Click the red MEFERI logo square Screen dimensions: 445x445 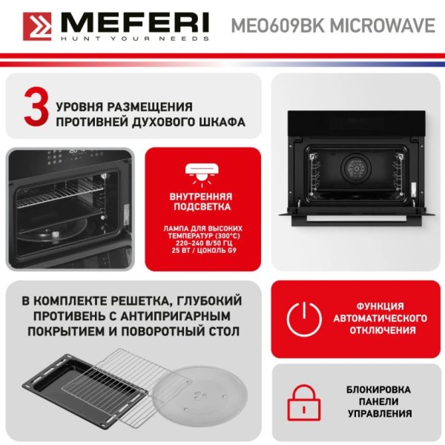(x=37, y=27)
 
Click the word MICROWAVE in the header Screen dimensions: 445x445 (x=382, y=25)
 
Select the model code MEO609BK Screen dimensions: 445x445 (x=278, y=25)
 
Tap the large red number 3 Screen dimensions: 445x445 (x=36, y=107)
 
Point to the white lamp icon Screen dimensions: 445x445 (x=202, y=174)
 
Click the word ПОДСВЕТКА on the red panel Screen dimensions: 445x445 (x=202, y=207)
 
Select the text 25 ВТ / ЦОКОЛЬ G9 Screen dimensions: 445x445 (x=204, y=251)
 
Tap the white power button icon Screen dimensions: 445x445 (x=304, y=319)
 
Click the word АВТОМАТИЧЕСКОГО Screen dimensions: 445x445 (x=380, y=318)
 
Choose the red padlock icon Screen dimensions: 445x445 (x=304, y=403)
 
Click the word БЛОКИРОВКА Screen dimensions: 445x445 (x=378, y=389)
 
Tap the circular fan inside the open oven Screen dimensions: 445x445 (x=355, y=168)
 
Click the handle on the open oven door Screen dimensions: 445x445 (x=357, y=219)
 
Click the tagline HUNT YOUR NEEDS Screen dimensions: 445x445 (x=135, y=39)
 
